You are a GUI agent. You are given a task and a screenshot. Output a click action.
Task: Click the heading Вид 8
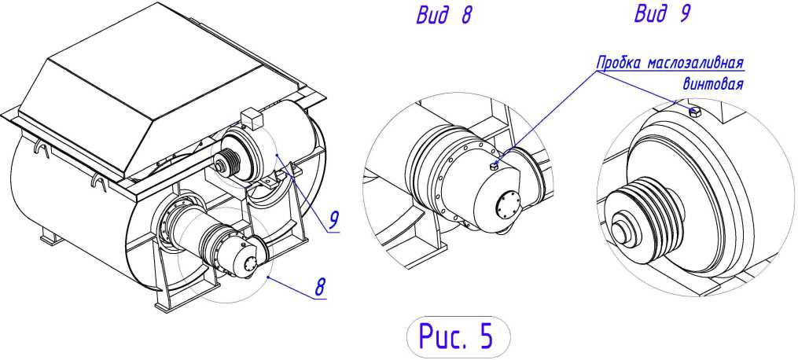pyautogui.click(x=444, y=16)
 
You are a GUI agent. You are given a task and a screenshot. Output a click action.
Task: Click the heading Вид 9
pyautogui.click(x=662, y=14)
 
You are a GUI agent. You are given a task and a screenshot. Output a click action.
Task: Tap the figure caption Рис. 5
pyautogui.click(x=457, y=336)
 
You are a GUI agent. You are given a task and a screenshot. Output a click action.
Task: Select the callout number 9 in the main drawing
pyautogui.click(x=333, y=219)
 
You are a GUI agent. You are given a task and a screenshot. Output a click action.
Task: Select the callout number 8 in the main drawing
pyautogui.click(x=320, y=286)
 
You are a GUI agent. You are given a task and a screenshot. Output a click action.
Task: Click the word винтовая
pyautogui.click(x=712, y=84)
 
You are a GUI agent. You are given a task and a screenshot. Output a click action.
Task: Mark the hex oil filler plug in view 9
pyautogui.click(x=695, y=112)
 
